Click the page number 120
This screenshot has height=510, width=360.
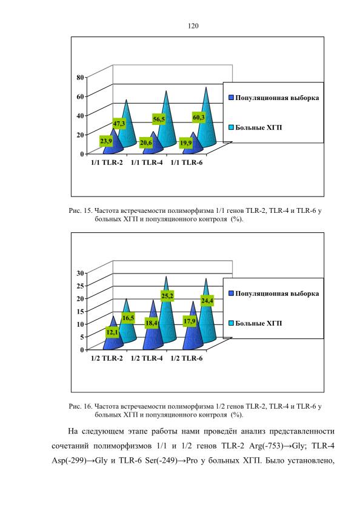(193, 26)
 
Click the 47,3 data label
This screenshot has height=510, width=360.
(119, 124)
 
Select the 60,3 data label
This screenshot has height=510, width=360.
(199, 118)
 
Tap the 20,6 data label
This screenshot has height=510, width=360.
(146, 143)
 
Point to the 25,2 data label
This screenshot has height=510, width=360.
(167, 296)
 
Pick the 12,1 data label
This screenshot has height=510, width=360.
(112, 332)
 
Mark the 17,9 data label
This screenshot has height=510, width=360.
(189, 321)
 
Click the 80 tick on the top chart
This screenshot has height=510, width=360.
(80, 78)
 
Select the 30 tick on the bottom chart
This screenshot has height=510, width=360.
(80, 273)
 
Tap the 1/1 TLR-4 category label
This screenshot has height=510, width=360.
(147, 163)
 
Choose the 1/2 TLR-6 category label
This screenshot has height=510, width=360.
(187, 358)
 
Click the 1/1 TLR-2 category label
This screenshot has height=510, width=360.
(107, 163)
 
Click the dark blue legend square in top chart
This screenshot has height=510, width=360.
(232, 98)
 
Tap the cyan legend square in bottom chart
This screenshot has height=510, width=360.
(232, 323)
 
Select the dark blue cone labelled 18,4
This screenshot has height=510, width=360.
(153, 329)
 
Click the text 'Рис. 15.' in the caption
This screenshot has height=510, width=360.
(81, 211)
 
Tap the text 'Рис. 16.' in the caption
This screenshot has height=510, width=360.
(81, 406)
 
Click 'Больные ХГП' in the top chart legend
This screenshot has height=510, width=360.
(259, 127)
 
